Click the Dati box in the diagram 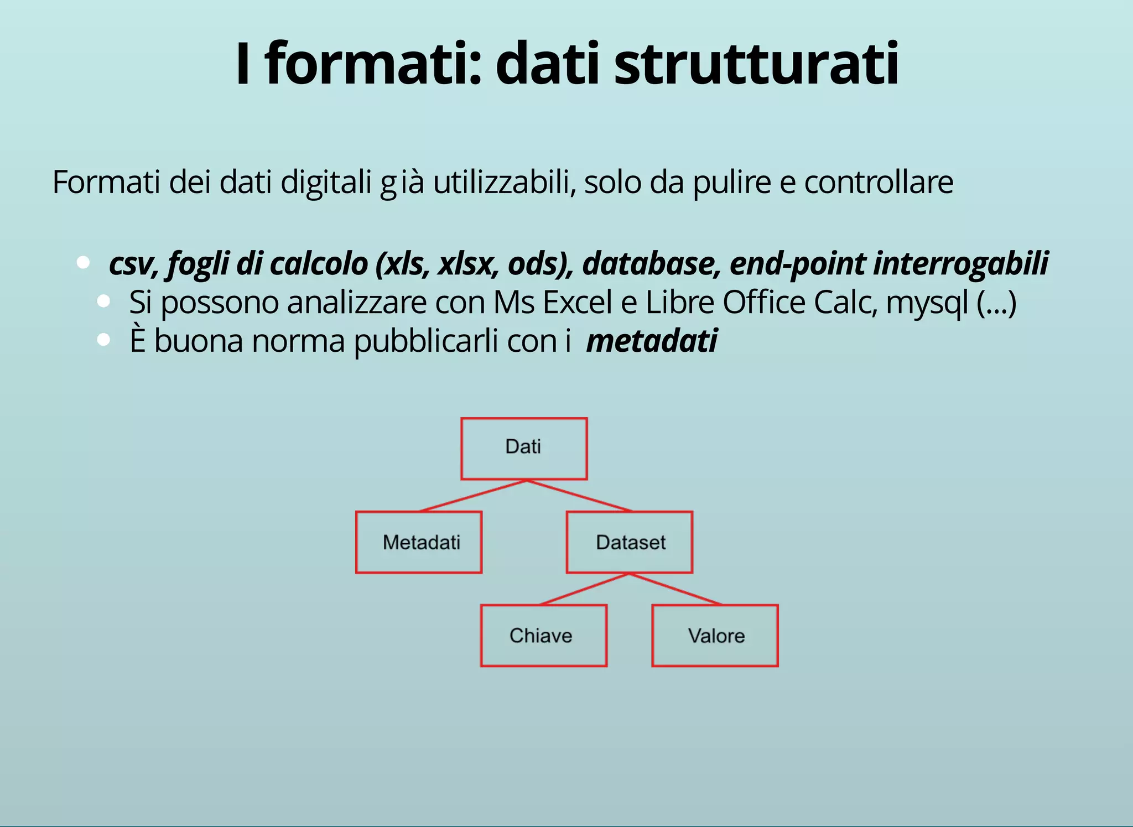click(x=524, y=448)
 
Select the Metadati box click(x=419, y=542)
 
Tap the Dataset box click(x=630, y=542)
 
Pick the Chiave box click(x=544, y=636)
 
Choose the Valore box click(x=715, y=636)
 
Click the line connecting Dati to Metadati click(x=473, y=496)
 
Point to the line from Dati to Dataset click(x=579, y=496)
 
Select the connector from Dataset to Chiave click(x=584, y=589)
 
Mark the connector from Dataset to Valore click(x=675, y=589)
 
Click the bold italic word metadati click(x=652, y=340)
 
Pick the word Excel click(x=577, y=303)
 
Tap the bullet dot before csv click(x=84, y=262)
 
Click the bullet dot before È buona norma click(x=103, y=340)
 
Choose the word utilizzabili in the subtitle click(x=505, y=182)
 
